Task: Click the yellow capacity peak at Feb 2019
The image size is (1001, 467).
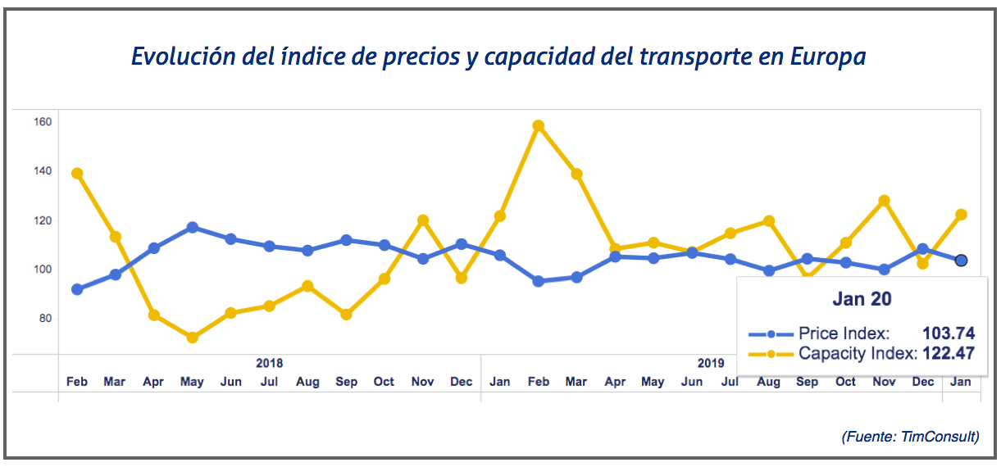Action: click(x=538, y=126)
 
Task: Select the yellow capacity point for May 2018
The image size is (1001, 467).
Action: click(x=193, y=338)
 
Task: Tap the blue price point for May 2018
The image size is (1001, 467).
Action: click(x=193, y=227)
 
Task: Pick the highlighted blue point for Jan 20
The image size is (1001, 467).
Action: click(x=962, y=261)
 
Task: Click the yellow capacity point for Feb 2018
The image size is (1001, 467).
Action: click(x=77, y=174)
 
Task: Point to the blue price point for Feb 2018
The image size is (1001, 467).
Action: click(x=77, y=289)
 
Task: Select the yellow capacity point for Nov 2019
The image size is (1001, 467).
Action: click(x=884, y=201)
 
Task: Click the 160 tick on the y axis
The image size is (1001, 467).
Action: click(x=43, y=122)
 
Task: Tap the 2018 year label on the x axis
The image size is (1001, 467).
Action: click(x=270, y=362)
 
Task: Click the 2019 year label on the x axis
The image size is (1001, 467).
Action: click(x=711, y=362)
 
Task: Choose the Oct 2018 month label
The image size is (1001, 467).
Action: click(x=384, y=382)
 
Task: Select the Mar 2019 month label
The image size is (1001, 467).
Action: click(x=576, y=382)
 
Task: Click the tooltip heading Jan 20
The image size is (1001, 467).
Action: click(x=862, y=300)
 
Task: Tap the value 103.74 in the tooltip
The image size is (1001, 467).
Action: click(x=949, y=333)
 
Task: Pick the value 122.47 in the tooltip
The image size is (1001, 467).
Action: click(x=949, y=354)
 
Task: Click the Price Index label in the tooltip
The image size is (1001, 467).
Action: click(x=844, y=333)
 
